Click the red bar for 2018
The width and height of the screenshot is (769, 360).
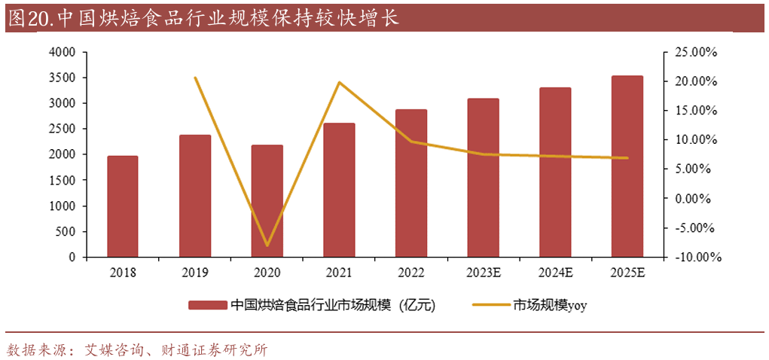[122, 206]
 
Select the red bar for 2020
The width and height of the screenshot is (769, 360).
[267, 201]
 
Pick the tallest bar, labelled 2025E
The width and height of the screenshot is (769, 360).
[627, 166]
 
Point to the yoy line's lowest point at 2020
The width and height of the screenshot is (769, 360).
[267, 246]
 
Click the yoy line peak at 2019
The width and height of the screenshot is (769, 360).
[195, 78]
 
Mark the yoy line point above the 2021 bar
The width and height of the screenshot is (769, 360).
[339, 82]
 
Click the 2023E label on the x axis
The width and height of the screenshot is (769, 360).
[483, 272]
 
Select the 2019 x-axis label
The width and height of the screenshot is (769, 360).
[195, 272]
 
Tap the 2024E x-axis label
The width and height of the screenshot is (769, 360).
[555, 272]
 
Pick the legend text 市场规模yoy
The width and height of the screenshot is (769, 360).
[550, 305]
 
